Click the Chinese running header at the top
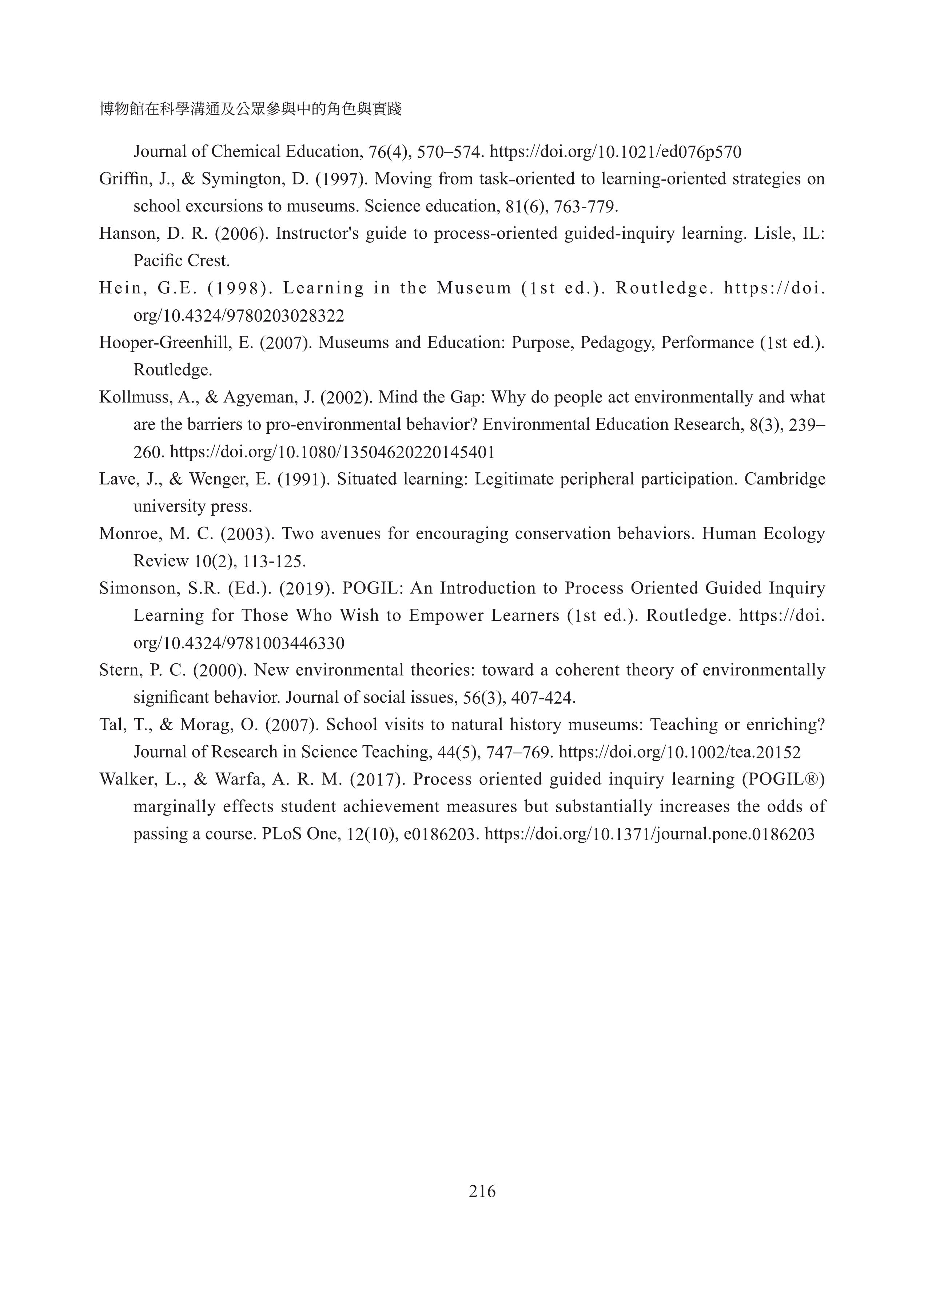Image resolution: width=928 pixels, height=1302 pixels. [250, 109]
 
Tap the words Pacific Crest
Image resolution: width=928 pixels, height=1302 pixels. [181, 261]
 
